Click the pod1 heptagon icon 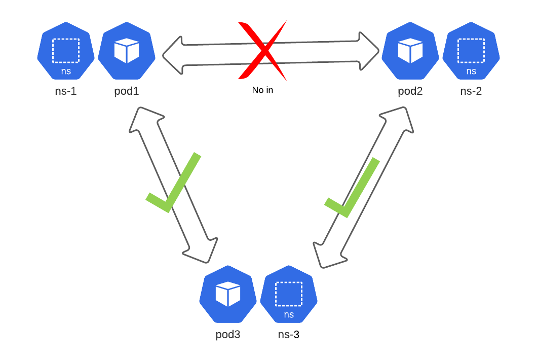pos(126,51)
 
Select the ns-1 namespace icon pos(66,51)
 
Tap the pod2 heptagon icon pos(410,51)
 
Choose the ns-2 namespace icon pos(471,51)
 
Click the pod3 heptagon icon pos(227,294)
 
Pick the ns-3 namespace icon pos(289,294)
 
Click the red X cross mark pos(262,51)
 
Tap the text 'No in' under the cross pos(262,90)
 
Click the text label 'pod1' pos(126,92)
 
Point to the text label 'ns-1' pos(66,92)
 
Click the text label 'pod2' pos(410,92)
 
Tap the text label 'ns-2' pos(471,92)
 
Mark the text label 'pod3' pos(227,335)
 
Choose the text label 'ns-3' pos(289,335)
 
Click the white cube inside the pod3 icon pos(227,294)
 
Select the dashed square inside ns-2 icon pos(471,50)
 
